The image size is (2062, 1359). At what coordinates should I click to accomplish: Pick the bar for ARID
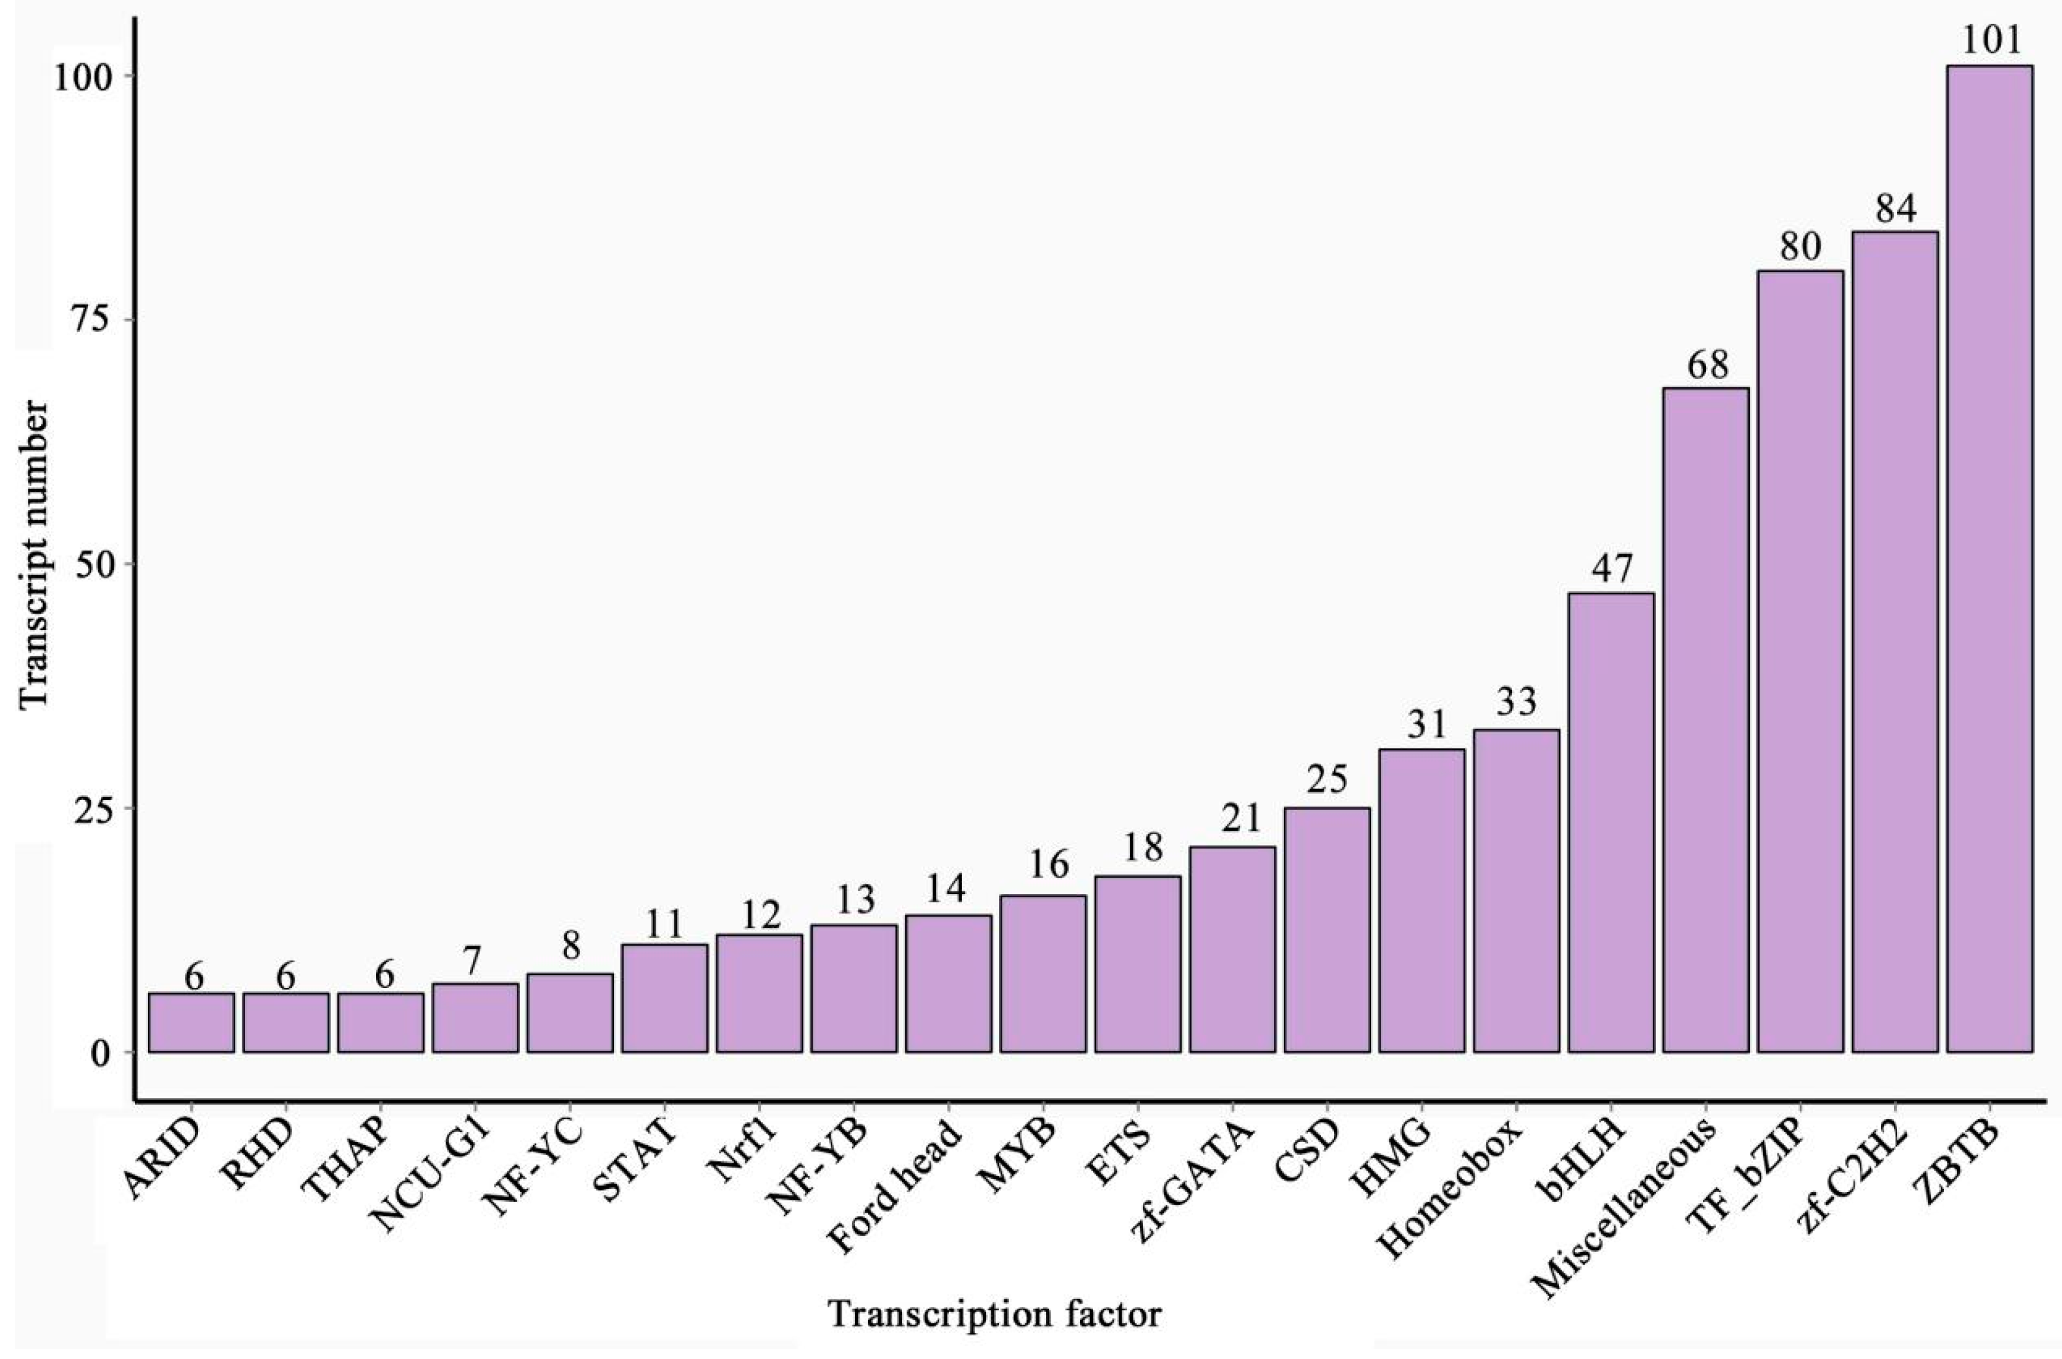tap(192, 1023)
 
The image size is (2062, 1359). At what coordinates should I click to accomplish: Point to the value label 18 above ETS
tap(1138, 848)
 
